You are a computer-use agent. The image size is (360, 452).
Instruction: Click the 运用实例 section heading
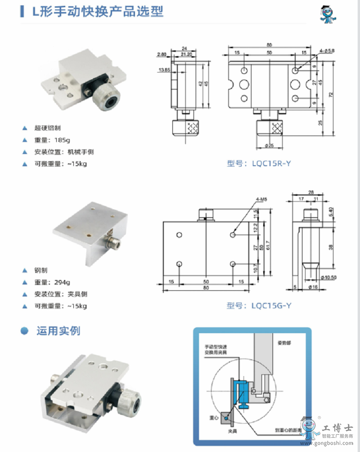58,331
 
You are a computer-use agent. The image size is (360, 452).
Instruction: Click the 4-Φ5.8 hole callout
327,51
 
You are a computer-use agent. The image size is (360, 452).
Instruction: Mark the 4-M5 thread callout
262,199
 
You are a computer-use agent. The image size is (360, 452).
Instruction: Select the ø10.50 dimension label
328,277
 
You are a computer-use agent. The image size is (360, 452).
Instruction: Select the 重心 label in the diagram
214,418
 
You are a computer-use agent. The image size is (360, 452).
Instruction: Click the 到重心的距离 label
288,430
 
